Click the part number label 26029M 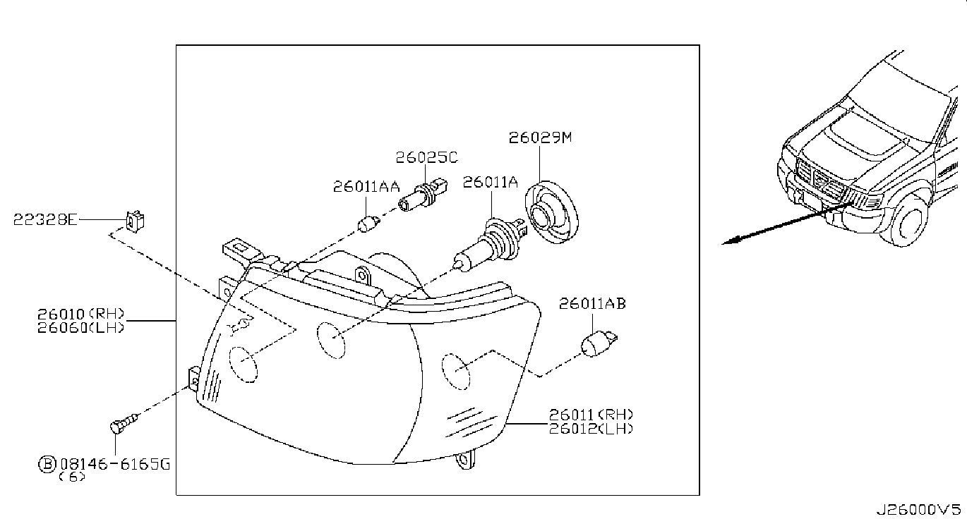(x=540, y=138)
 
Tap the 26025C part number (x=426, y=157)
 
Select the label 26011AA (x=366, y=186)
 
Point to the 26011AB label (x=592, y=304)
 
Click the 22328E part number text (x=45, y=219)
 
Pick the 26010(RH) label (x=80, y=313)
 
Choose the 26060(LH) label (x=80, y=327)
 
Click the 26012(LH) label (x=591, y=429)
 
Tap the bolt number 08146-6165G (x=115, y=464)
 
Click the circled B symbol (x=47, y=464)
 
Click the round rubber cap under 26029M (x=551, y=212)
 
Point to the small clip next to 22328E (x=135, y=221)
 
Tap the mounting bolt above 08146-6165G (x=124, y=423)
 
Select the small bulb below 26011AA (x=368, y=224)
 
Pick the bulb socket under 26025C (x=423, y=196)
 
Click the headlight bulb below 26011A (x=491, y=245)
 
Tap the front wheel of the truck (x=908, y=222)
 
